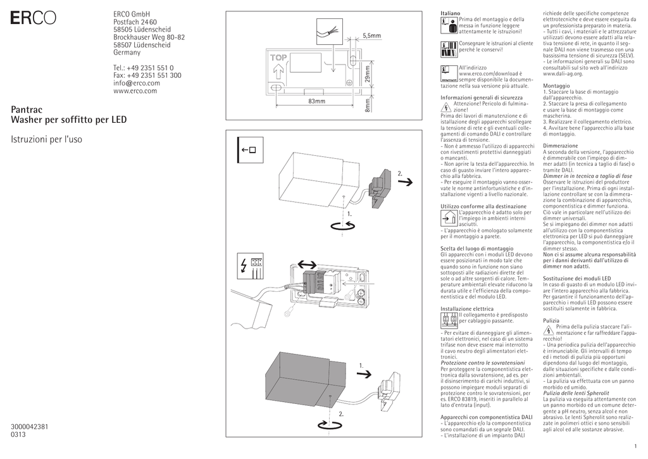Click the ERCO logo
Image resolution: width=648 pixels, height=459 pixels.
pyautogui.click(x=32, y=19)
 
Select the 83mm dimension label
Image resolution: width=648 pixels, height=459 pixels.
pyautogui.click(x=316, y=101)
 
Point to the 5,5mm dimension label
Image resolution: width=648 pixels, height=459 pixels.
pyautogui.click(x=372, y=36)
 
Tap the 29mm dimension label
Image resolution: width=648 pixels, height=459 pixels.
pyautogui.click(x=366, y=75)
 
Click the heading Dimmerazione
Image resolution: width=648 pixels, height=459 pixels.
pyautogui.click(x=561, y=146)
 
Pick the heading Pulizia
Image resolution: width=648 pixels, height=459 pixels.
pyautogui.click(x=551, y=321)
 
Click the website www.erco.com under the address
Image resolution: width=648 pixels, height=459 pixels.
pyautogui.click(x=135, y=91)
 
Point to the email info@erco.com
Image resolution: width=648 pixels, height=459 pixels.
pyautogui.click(x=137, y=83)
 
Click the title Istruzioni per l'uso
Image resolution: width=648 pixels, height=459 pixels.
pyautogui.click(x=47, y=138)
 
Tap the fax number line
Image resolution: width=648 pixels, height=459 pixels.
pyautogui.click(x=147, y=75)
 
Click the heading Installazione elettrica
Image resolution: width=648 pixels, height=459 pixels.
pyautogui.click(x=467, y=309)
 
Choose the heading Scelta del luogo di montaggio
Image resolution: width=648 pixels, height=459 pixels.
pyautogui.click(x=477, y=249)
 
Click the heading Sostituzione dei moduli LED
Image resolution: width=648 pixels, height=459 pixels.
pyautogui.click(x=577, y=279)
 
